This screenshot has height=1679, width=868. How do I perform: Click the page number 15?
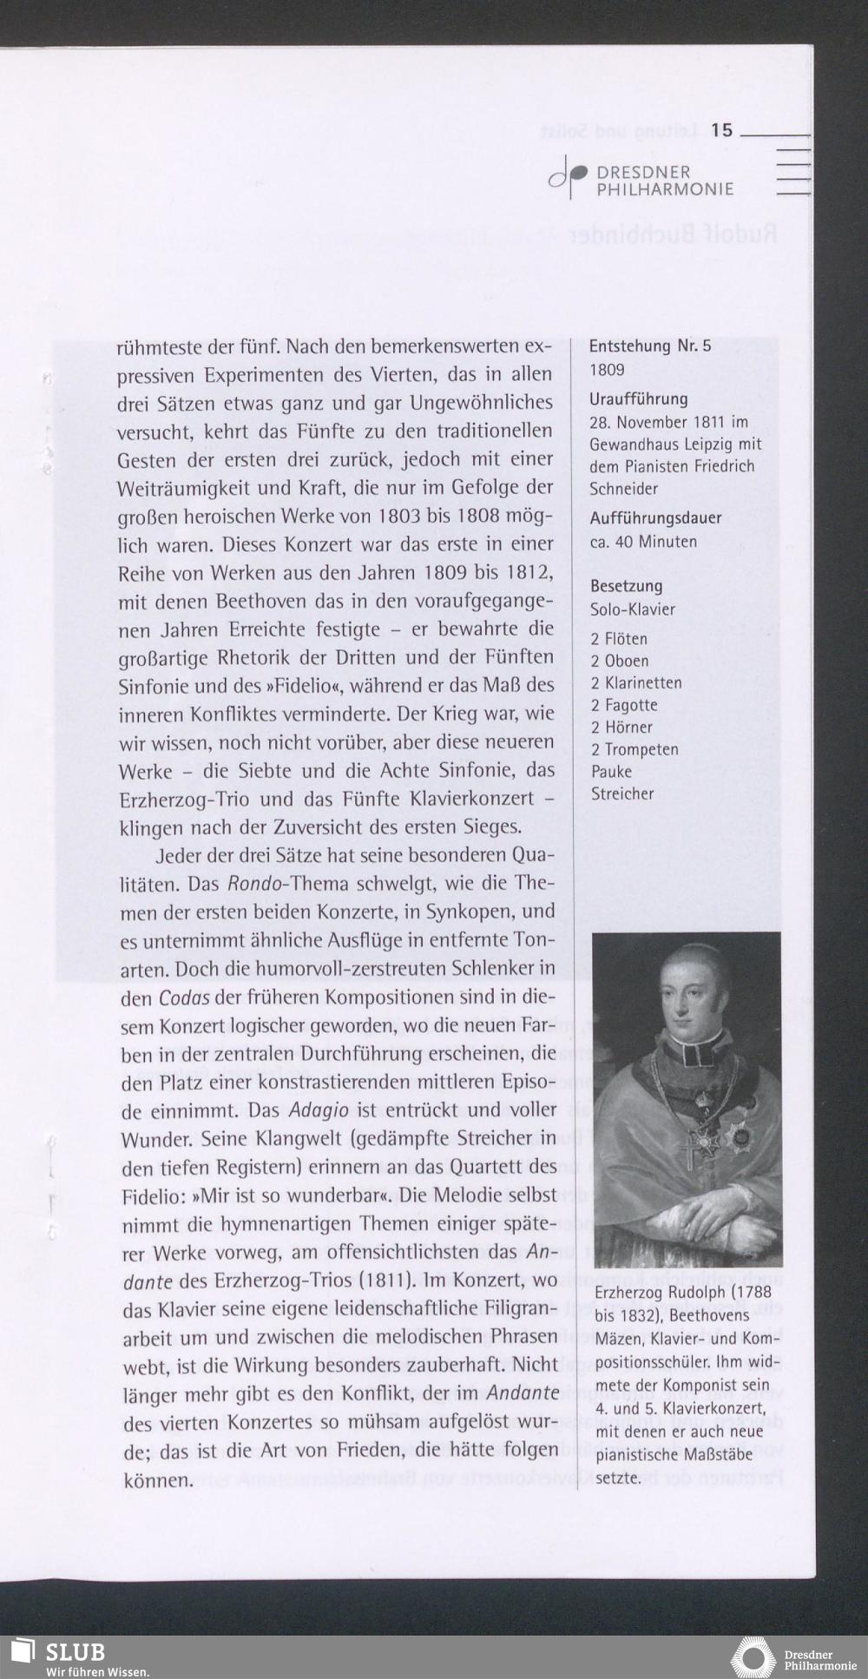tap(721, 131)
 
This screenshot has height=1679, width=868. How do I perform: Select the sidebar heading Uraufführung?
tap(639, 399)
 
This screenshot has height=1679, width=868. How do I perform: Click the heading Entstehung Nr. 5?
tap(650, 346)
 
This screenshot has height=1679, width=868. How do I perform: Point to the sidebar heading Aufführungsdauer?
tap(655, 518)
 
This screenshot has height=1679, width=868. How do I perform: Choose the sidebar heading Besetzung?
tap(626, 586)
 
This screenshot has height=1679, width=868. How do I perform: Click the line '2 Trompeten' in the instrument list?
tap(635, 749)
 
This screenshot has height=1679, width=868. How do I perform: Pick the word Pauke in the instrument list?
tap(611, 772)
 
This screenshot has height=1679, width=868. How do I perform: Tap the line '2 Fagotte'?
tap(624, 705)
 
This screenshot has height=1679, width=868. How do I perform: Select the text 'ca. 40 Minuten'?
tap(643, 542)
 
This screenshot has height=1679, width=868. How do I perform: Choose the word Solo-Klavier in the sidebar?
tap(632, 609)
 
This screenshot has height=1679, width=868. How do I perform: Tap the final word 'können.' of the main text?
tap(157, 1479)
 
